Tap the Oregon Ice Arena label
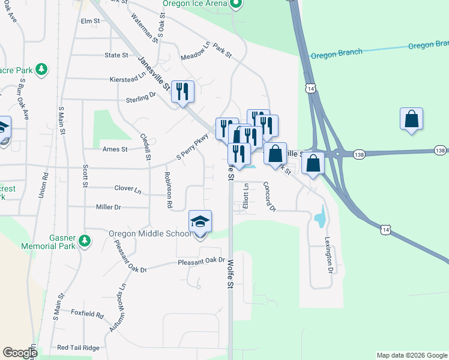[x=194, y=4]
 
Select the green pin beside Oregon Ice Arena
[x=236, y=4]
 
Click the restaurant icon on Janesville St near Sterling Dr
[x=182, y=92]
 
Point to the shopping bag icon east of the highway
[x=411, y=119]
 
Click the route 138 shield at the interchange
[x=358, y=153]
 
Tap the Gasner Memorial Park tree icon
[x=85, y=241]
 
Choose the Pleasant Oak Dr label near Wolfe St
[x=200, y=262]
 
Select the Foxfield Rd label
[x=87, y=314]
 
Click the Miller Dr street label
[x=109, y=207]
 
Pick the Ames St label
[x=115, y=149]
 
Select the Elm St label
[x=89, y=20]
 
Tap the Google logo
[x=20, y=353]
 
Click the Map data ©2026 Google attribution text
[x=411, y=355]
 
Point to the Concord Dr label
[x=270, y=197]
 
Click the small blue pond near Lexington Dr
[x=319, y=217]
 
